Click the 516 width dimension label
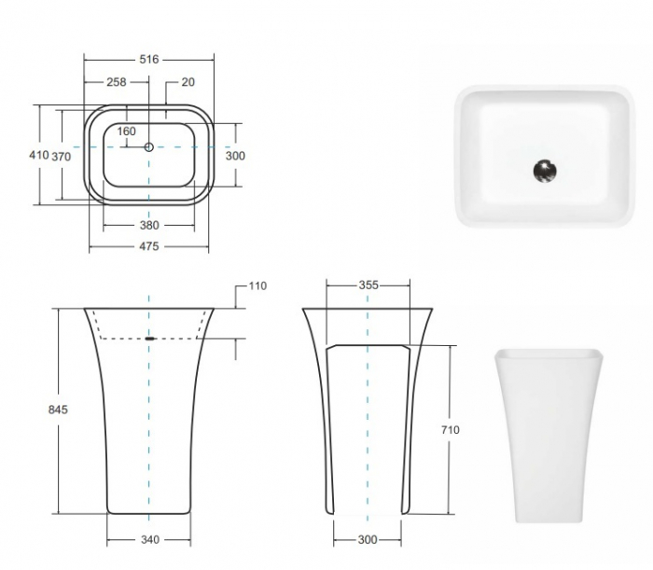tap(148, 60)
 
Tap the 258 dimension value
tap(117, 82)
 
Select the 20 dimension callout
tap(188, 82)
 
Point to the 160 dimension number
tap(126, 132)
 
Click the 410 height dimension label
tap(39, 155)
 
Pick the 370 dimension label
tap(61, 157)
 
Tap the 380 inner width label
tap(149, 225)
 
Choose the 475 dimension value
tap(149, 246)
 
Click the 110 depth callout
tap(257, 286)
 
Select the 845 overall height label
tap(58, 410)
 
